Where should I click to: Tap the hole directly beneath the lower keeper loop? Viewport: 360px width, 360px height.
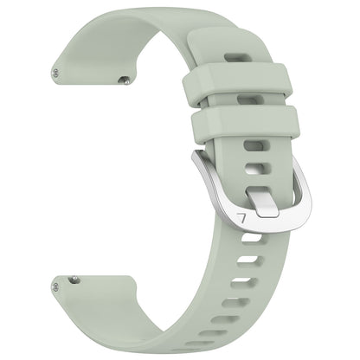(250, 142)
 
